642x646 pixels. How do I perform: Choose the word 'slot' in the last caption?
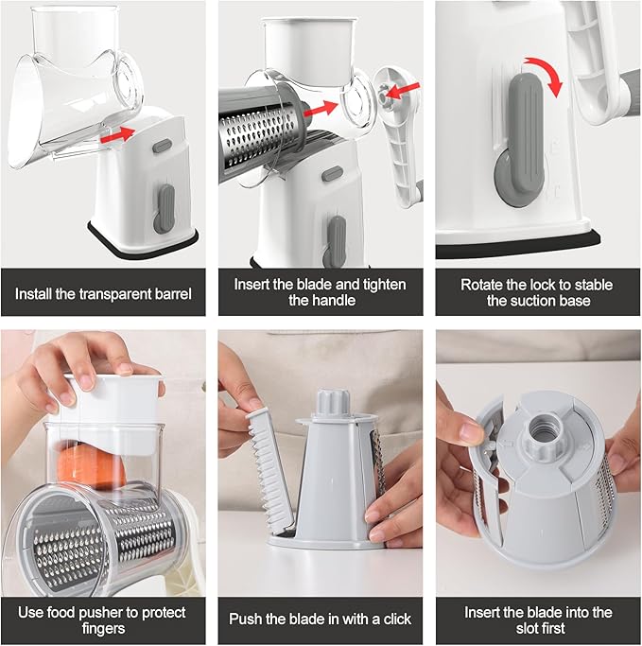pyautogui.click(x=527, y=628)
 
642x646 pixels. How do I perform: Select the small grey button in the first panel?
pyautogui.click(x=163, y=147)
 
